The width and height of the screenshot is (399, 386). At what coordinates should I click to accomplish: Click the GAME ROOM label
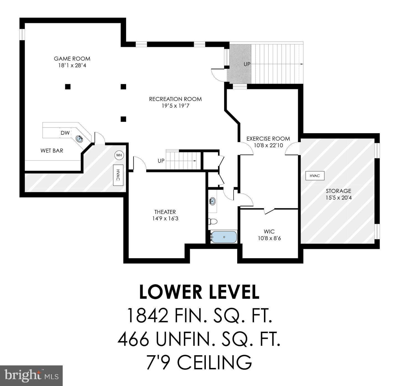[72, 59]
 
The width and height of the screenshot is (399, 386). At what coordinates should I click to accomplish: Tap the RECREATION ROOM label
[175, 99]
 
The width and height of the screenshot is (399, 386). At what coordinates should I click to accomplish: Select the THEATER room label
[165, 212]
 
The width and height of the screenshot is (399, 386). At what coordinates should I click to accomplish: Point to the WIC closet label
[269, 232]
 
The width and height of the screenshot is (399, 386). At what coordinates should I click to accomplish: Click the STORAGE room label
[339, 191]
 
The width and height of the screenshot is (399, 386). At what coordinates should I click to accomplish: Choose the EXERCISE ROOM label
[268, 139]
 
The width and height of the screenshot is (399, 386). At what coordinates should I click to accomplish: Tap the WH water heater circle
[119, 155]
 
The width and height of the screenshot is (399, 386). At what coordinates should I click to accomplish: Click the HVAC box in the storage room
[315, 176]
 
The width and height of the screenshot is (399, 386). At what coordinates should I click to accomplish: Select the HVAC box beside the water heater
[118, 175]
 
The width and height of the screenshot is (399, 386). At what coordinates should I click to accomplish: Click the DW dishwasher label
[65, 133]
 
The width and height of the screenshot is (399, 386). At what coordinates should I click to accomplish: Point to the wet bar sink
[80, 139]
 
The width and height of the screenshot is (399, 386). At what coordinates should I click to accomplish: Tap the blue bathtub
[224, 237]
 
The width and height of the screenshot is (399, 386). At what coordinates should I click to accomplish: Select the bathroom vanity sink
[213, 201]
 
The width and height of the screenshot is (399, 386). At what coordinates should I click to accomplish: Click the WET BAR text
[52, 151]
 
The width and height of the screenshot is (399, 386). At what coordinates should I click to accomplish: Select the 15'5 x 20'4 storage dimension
[339, 198]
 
